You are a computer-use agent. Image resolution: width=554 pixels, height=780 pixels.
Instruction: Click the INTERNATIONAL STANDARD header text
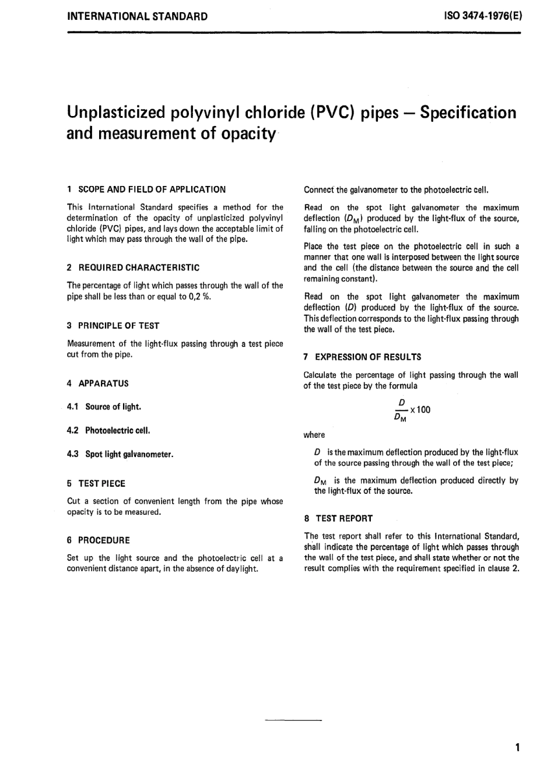click(x=138, y=16)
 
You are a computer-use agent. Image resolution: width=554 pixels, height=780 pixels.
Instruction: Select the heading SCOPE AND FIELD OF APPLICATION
click(x=152, y=189)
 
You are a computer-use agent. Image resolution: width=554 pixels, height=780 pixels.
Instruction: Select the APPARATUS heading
click(x=103, y=384)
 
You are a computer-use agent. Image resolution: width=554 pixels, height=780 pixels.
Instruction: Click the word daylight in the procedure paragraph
click(x=241, y=569)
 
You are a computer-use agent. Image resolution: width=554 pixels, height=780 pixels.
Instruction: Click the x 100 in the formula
click(x=420, y=410)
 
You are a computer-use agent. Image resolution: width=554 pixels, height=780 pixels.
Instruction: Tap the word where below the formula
click(x=314, y=435)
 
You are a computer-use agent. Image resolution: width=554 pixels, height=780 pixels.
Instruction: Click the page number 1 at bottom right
click(x=517, y=747)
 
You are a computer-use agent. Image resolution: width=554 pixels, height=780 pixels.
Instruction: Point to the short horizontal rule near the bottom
click(x=293, y=721)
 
